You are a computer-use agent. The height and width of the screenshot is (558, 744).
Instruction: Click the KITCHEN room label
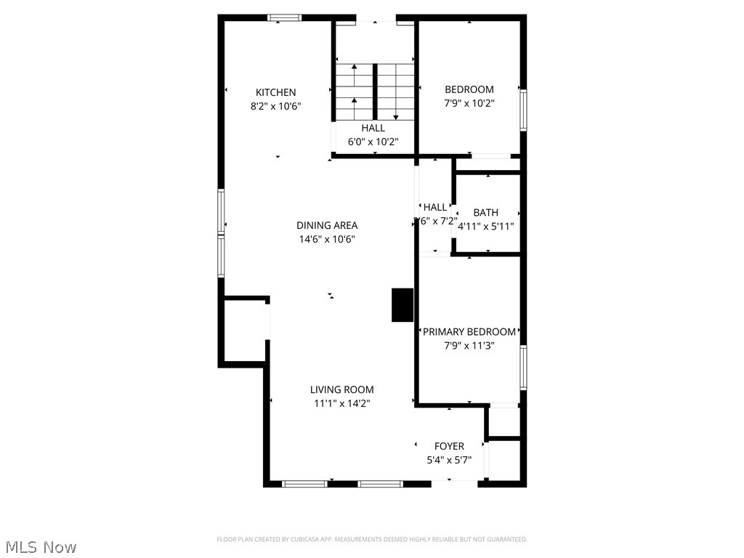click(x=275, y=92)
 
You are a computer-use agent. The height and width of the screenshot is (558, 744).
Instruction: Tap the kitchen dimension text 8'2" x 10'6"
click(x=275, y=106)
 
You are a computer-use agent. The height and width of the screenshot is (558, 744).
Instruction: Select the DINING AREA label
click(x=326, y=225)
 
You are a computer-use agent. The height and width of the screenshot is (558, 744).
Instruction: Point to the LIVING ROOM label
click(x=341, y=390)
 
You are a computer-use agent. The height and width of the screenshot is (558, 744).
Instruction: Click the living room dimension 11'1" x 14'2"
click(x=341, y=403)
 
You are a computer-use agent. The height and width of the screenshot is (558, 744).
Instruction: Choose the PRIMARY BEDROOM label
click(x=469, y=332)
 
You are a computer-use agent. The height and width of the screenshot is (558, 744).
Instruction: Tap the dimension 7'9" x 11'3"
click(x=469, y=346)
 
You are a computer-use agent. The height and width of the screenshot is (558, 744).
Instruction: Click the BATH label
click(x=485, y=213)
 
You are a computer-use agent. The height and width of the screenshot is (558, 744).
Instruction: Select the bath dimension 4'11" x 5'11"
click(x=485, y=226)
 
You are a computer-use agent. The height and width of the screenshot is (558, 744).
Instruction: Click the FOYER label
click(x=449, y=446)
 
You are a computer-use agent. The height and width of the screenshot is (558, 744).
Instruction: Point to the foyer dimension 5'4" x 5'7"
click(x=449, y=460)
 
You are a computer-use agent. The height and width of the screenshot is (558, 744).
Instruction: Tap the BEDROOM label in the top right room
click(x=469, y=89)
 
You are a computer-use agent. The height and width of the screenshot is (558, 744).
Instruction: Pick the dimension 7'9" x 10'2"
click(x=469, y=103)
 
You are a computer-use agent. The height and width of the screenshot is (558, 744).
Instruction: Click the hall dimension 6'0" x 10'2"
click(x=373, y=142)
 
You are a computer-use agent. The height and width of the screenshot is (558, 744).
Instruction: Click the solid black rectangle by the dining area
click(x=403, y=305)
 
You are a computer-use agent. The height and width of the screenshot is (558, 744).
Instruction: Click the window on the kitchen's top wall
click(x=284, y=18)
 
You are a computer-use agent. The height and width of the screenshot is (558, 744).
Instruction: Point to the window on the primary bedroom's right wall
click(x=523, y=367)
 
